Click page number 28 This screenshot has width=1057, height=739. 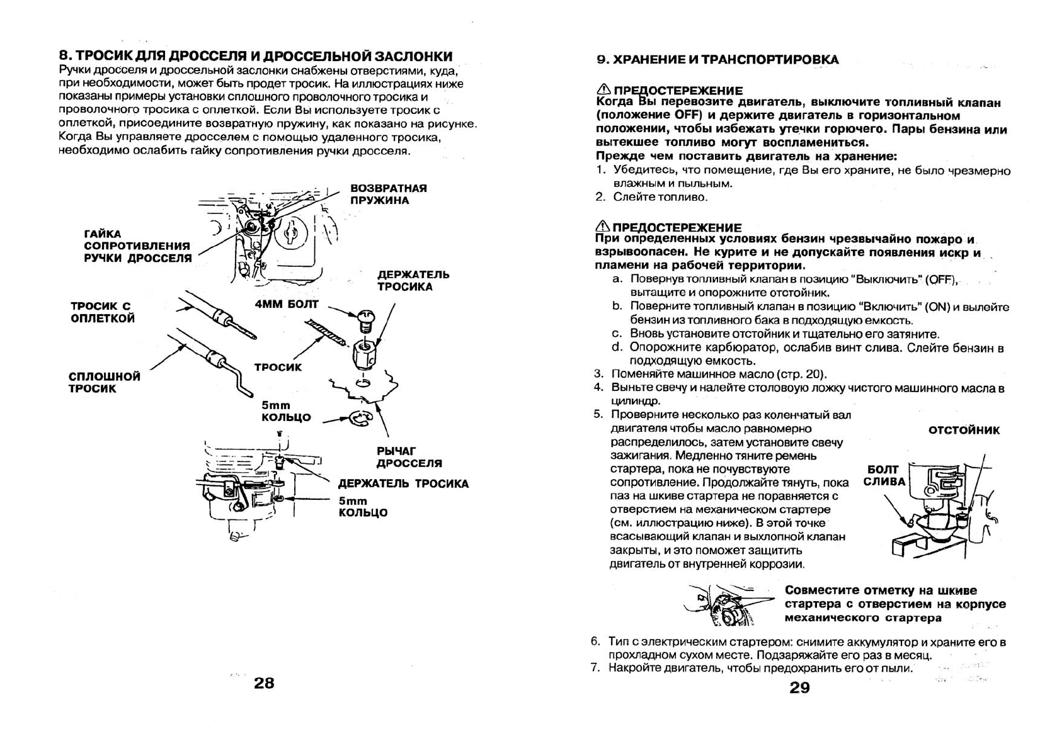pyautogui.click(x=264, y=683)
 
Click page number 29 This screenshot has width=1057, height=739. pyautogui.click(x=799, y=687)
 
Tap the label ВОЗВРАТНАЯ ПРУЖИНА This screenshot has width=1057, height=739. pyautogui.click(x=388, y=195)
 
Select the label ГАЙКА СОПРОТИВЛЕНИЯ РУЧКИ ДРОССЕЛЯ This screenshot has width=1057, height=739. pyautogui.click(x=137, y=246)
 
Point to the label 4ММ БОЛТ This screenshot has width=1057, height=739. pyautogui.click(x=287, y=305)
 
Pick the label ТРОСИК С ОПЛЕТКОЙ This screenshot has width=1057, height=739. pyautogui.click(x=102, y=312)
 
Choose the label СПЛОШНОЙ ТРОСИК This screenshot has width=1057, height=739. pyautogui.click(x=104, y=383)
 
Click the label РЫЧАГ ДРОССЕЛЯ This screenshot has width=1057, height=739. pyautogui.click(x=409, y=457)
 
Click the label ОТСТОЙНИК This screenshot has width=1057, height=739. pyautogui.click(x=964, y=431)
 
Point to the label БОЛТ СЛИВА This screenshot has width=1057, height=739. pyautogui.click(x=884, y=476)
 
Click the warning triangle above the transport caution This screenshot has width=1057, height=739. pyautogui.click(x=603, y=89)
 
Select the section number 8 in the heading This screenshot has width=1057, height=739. pyautogui.click(x=63, y=56)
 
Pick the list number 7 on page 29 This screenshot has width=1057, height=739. pyautogui.click(x=595, y=668)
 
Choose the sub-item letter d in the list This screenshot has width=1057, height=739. pyautogui.click(x=617, y=347)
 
